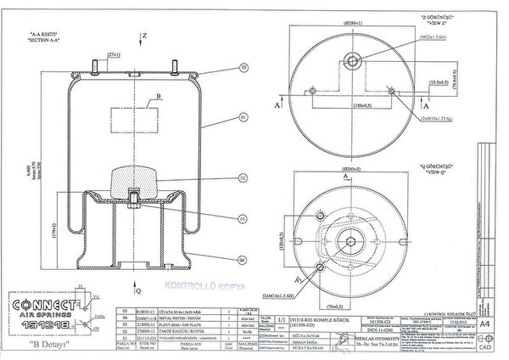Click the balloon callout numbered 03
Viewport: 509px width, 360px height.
(x=243, y=66)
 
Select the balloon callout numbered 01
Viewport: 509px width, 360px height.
(x=243, y=116)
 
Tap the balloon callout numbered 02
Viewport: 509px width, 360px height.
(x=243, y=177)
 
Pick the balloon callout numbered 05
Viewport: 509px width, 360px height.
(x=243, y=218)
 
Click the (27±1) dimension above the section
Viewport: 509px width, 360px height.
(x=113, y=55)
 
